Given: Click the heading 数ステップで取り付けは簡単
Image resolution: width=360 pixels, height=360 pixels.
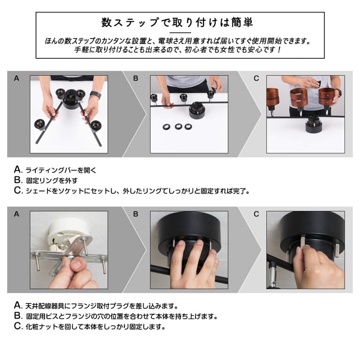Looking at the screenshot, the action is (x=177, y=22).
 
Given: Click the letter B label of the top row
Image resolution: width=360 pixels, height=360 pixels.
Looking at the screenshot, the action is (x=136, y=78).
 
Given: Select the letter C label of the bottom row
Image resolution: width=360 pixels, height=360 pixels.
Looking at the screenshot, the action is (x=256, y=214).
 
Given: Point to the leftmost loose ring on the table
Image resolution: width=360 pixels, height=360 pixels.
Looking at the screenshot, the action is (x=166, y=127).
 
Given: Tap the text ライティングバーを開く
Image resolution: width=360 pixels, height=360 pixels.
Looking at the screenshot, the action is (x=61, y=170).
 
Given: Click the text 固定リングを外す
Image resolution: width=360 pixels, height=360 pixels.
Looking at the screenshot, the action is (x=52, y=181).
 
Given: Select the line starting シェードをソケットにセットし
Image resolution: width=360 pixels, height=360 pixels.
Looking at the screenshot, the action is (x=138, y=191).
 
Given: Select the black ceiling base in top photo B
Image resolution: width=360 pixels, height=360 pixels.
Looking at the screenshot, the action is (x=197, y=112).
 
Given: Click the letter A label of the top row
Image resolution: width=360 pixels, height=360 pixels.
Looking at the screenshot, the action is (x=16, y=78).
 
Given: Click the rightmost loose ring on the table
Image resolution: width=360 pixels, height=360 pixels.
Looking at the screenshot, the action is (x=188, y=127).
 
